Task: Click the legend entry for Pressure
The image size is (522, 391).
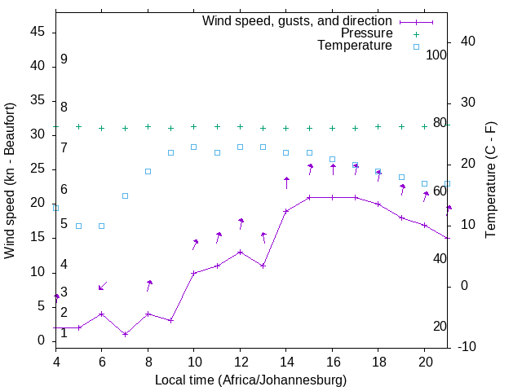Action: [x=366, y=33]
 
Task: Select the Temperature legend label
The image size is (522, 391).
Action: [x=355, y=46]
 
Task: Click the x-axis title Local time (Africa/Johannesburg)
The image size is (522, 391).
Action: [x=250, y=380]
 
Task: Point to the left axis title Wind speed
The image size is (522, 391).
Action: [x=10, y=181]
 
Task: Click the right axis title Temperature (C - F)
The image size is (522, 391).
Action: [x=490, y=180]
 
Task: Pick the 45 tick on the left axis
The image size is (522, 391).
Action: [x=37, y=32]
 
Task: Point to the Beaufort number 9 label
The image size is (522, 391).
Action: [x=64, y=59]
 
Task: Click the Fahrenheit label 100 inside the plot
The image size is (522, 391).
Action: [x=437, y=55]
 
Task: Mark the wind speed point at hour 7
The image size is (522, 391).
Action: [x=125, y=334]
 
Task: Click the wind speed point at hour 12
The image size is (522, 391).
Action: [x=240, y=252]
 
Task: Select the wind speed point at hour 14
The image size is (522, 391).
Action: [x=286, y=211]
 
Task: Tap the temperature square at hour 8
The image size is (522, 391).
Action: [x=148, y=171]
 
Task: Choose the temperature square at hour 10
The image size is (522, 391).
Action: [x=194, y=147]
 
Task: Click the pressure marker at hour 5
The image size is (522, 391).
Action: [x=78, y=126]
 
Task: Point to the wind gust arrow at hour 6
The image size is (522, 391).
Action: [x=102, y=286]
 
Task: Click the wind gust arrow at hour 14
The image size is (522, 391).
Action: [x=286, y=182]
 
